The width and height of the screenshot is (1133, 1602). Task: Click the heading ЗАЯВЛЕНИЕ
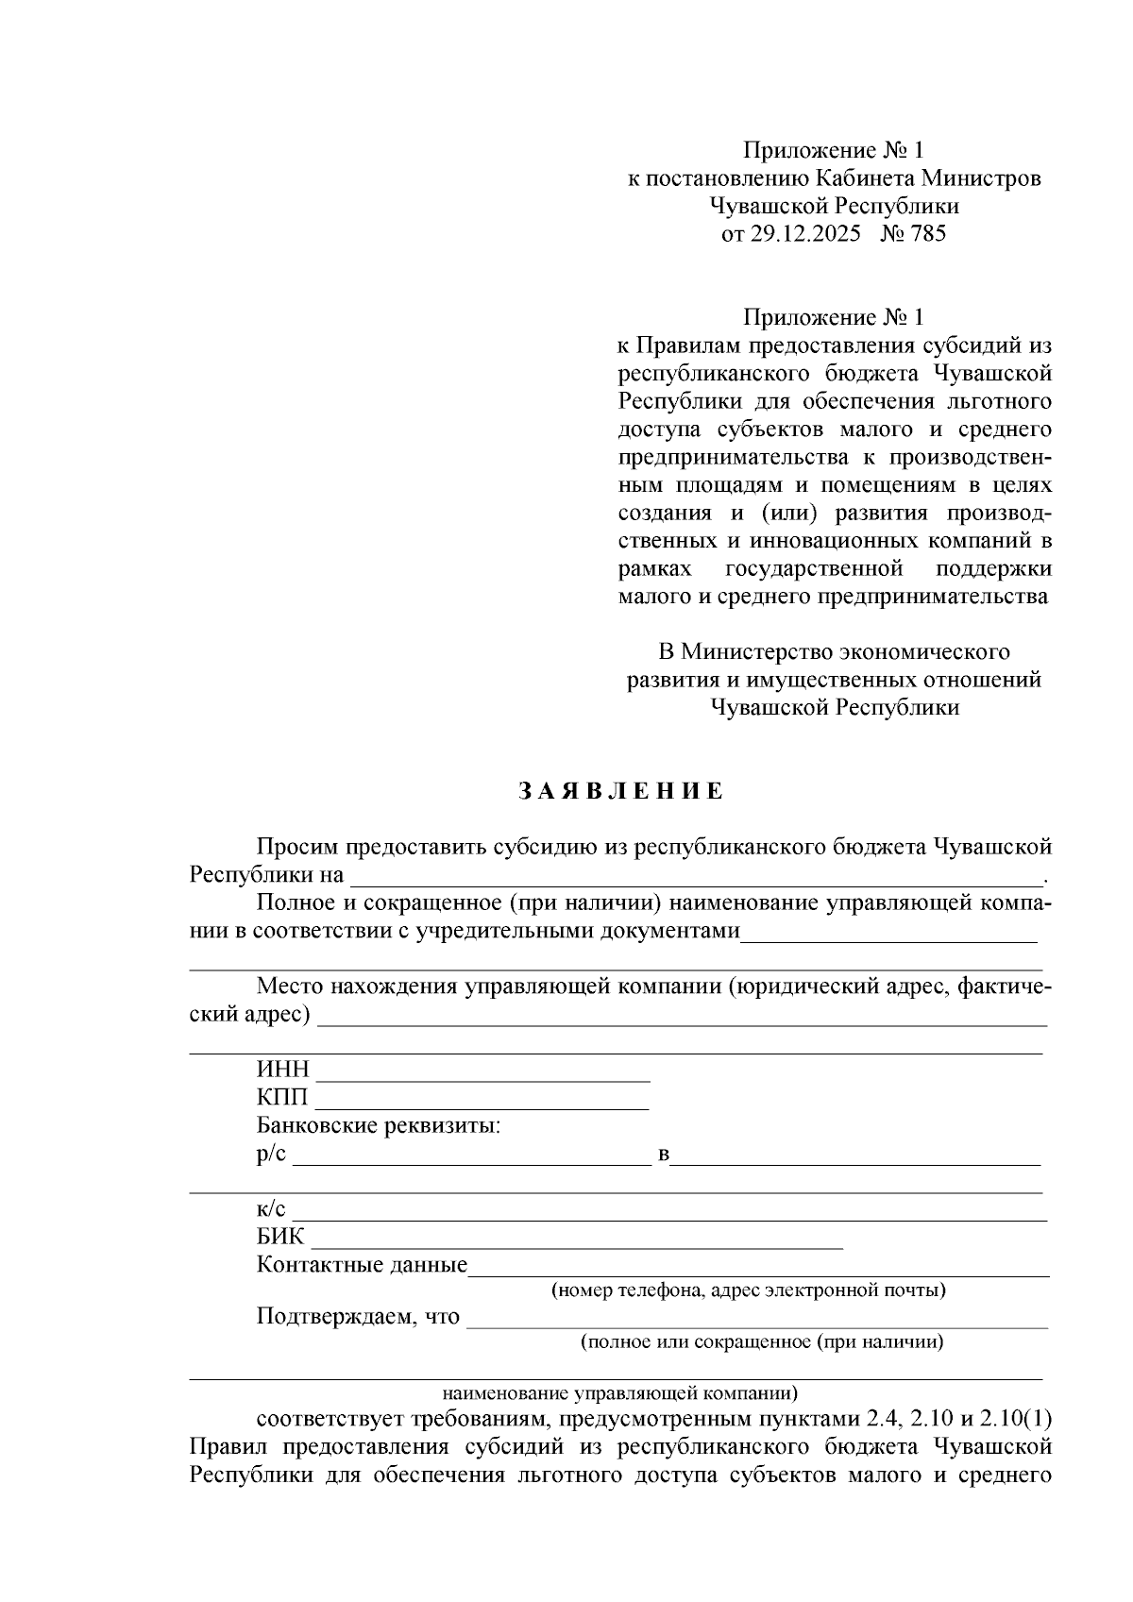(620, 791)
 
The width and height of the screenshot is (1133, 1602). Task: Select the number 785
(927, 233)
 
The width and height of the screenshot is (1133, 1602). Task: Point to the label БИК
(280, 1237)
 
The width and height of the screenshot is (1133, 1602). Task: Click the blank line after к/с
(670, 1210)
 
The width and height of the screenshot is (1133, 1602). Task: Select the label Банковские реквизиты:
(379, 1126)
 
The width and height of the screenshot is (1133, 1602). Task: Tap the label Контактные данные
(362, 1265)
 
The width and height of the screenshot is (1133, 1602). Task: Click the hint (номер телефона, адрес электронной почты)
(749, 1290)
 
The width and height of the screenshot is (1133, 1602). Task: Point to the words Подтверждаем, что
(358, 1317)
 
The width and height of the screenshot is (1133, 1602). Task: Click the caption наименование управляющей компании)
(619, 1392)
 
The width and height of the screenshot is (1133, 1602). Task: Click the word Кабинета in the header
(866, 178)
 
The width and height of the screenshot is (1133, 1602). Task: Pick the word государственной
(814, 569)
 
